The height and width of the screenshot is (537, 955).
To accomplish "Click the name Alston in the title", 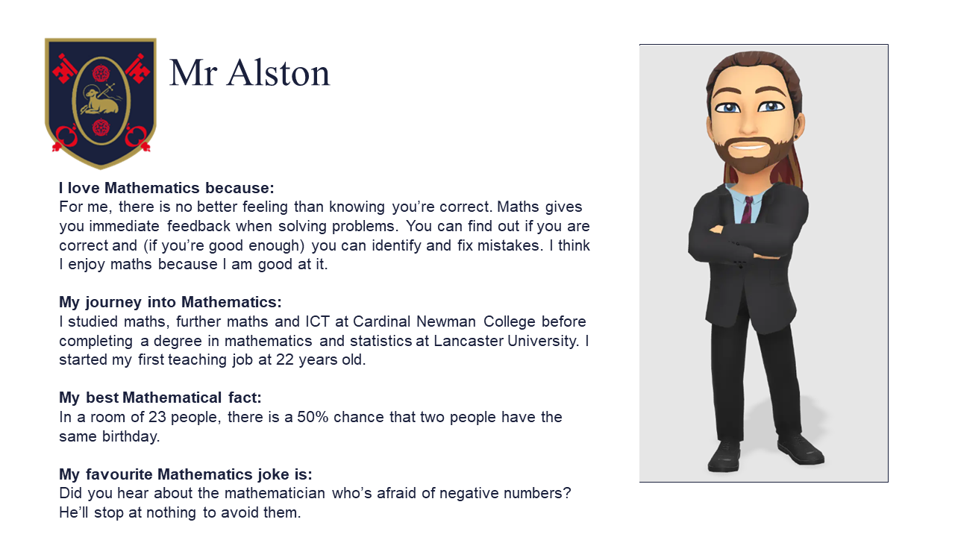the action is [x=278, y=72].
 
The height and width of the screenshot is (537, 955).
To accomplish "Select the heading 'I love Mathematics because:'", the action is [x=166, y=187].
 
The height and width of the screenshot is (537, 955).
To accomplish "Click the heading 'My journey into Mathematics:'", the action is [x=171, y=302].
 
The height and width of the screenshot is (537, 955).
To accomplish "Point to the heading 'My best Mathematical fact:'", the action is [x=160, y=398].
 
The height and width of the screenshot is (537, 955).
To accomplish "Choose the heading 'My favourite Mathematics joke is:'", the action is [x=186, y=474].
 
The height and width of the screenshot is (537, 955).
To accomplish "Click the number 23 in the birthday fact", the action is [x=157, y=417].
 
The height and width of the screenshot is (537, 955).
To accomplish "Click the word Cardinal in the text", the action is [x=381, y=321].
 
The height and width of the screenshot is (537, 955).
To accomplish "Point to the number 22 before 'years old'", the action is [x=285, y=359].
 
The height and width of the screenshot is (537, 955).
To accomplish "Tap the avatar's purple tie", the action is [x=747, y=210].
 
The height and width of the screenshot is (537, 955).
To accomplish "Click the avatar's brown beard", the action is [x=751, y=154].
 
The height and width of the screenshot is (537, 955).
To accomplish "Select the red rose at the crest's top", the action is [x=101, y=73].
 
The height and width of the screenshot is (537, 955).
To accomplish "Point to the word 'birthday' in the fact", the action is [x=131, y=436].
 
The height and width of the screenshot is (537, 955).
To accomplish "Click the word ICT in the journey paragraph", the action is [x=317, y=321].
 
